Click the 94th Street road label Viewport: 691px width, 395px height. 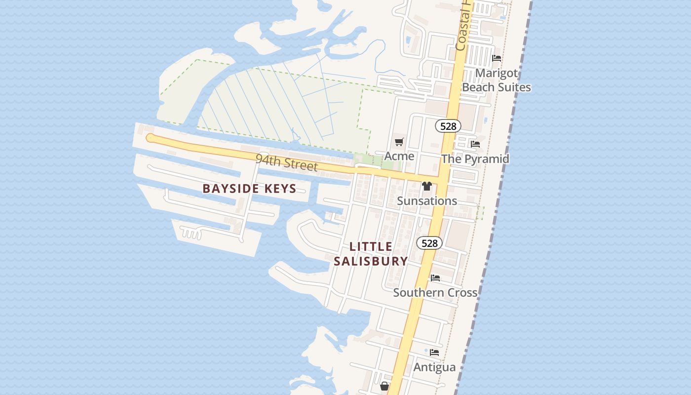coord(287,162)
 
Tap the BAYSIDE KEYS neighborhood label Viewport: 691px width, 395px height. coord(249,188)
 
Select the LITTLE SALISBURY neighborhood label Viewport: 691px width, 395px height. coord(371,254)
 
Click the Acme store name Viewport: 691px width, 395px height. coord(399,156)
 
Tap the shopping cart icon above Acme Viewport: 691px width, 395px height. coord(399,142)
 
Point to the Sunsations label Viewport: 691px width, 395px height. coord(427,201)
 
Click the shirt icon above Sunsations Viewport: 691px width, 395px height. coord(427,186)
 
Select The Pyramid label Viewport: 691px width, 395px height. coord(475,158)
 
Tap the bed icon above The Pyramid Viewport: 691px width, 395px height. coord(475,144)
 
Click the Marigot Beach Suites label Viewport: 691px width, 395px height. coord(497,80)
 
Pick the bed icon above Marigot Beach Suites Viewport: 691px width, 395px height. coord(497,58)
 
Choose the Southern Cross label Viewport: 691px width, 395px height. coord(435,292)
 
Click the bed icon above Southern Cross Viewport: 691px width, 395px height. coord(435,278)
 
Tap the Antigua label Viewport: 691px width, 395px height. coord(434,367)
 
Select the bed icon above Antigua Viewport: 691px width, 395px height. coord(434,353)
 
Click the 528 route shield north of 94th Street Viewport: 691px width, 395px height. coord(448,126)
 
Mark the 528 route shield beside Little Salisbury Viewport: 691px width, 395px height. coord(429,243)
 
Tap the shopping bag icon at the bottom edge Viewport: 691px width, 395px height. coord(384,386)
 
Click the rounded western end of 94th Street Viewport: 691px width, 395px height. coord(151,138)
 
